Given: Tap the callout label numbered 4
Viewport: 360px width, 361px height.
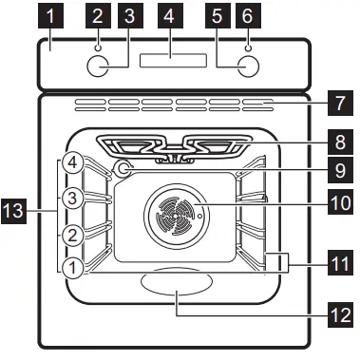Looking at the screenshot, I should click(169, 16).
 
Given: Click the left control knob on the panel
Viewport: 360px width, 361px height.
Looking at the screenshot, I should click(97, 66).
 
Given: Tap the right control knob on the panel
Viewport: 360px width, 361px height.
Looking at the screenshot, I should click(248, 66).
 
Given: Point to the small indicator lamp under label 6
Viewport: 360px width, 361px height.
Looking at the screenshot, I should click(248, 44).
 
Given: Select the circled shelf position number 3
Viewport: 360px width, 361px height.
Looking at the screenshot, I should click(70, 199).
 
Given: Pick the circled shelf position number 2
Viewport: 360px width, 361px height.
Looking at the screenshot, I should click(70, 234).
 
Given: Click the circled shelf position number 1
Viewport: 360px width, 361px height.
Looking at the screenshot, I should click(70, 268).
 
